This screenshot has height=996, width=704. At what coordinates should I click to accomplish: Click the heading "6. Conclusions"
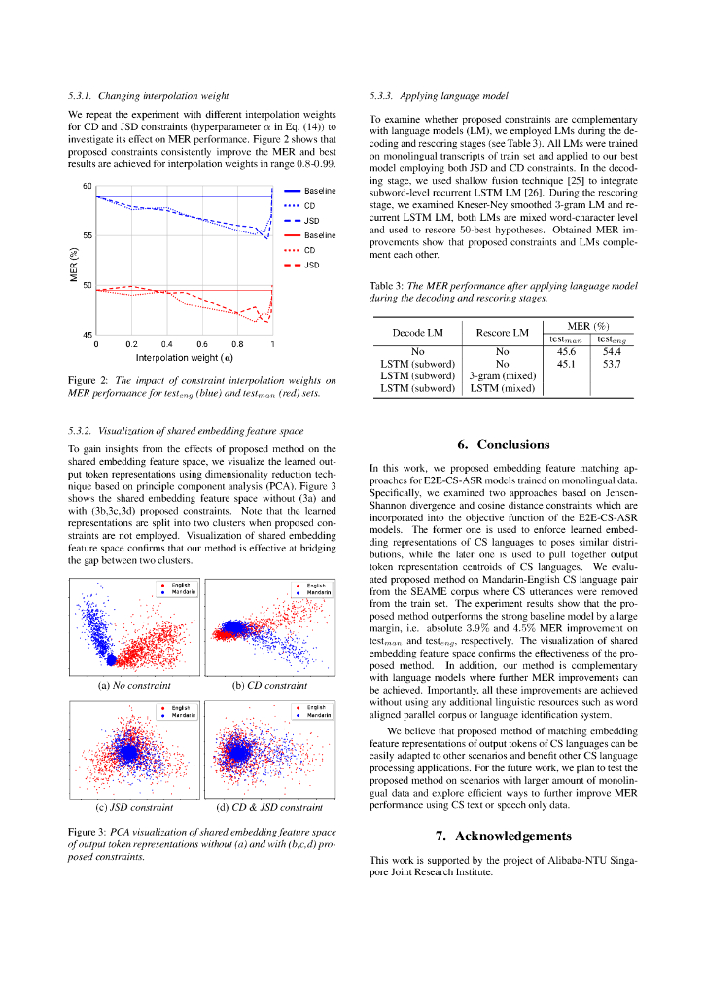[503, 445]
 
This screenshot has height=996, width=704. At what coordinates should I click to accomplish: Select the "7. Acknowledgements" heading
[503, 836]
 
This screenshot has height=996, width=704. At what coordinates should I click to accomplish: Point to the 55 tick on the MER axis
[88, 235]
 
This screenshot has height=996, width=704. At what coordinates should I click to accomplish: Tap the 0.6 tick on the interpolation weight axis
[201, 344]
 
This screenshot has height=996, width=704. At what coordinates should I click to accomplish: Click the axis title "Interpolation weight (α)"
[184, 357]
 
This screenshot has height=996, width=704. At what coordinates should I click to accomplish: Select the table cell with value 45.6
[566, 351]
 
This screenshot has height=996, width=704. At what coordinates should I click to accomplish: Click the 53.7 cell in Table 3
[612, 364]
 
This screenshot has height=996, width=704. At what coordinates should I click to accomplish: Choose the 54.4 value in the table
[612, 351]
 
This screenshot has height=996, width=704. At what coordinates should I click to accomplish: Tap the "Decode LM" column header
[417, 332]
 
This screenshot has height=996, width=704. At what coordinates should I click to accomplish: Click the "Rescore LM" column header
[502, 332]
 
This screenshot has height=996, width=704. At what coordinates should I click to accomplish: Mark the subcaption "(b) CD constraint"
[270, 685]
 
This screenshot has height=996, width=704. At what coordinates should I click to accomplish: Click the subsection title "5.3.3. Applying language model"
[439, 96]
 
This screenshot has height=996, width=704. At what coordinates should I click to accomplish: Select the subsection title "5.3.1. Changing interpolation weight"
[148, 96]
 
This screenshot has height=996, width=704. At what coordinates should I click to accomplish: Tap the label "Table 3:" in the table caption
[385, 285]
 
